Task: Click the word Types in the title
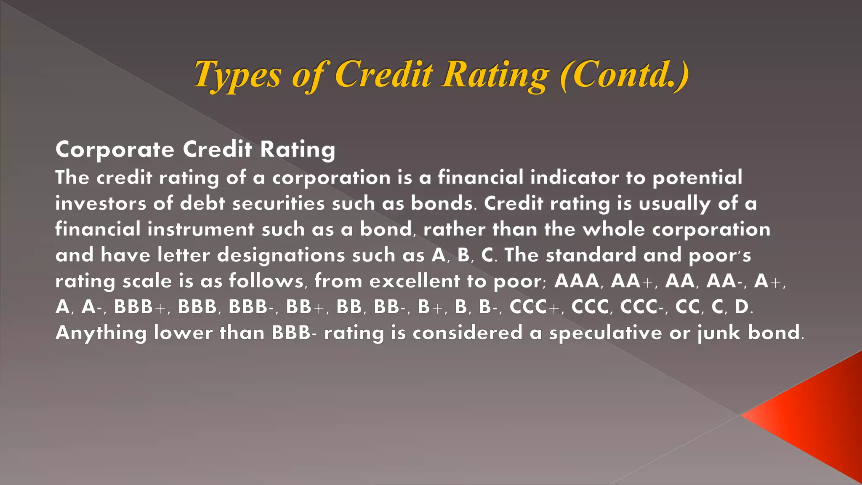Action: pyautogui.click(x=237, y=75)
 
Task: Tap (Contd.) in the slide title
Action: pyautogui.click(x=625, y=74)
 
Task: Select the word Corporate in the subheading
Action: pyautogui.click(x=114, y=149)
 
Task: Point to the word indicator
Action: pyautogui.click(x=575, y=177)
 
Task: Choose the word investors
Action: pyautogui.click(x=101, y=203)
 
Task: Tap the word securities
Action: pyautogui.click(x=278, y=203)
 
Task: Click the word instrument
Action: pyautogui.click(x=201, y=229)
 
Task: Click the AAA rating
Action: pyautogui.click(x=576, y=281)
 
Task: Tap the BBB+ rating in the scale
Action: pyautogui.click(x=141, y=307)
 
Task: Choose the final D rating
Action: pyautogui.click(x=742, y=307)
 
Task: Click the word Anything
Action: pyautogui.click(x=101, y=333)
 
